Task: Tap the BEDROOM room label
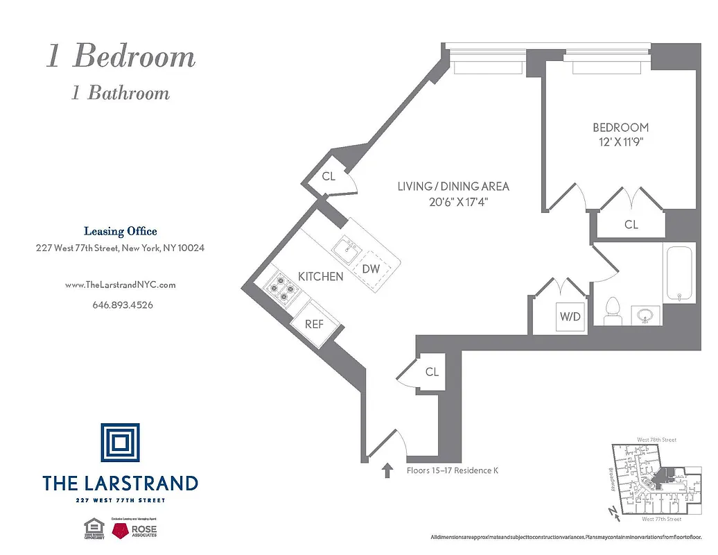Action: pos(620,128)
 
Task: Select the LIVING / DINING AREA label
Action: pos(453,186)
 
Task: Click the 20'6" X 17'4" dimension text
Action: pos(453,201)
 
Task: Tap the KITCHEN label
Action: pos(320,276)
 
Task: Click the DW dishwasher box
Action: pos(371,268)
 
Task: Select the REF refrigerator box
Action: pos(314,323)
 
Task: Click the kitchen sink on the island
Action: pos(344,246)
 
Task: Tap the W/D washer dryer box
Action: pos(570,317)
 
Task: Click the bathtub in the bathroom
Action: pos(678,272)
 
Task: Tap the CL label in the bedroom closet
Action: pos(631,224)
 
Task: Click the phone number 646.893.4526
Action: pos(122,305)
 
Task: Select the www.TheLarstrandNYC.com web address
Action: pos(120,284)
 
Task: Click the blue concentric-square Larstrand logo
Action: pos(120,443)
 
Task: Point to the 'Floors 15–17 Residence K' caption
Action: pos(452,471)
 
